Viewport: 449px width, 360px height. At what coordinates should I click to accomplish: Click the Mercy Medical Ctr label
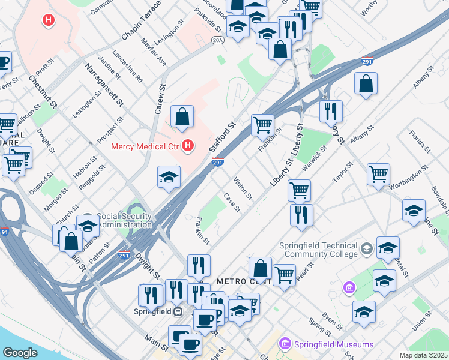pyautogui.click(x=146, y=146)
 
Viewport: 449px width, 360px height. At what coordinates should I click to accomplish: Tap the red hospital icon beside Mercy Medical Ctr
pyautogui.click(x=188, y=146)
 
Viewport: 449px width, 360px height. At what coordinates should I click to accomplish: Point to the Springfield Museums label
pyautogui.click(x=333, y=344)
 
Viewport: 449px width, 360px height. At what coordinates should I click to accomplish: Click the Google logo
pyautogui.click(x=20, y=353)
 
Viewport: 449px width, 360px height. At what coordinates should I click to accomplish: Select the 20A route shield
pyautogui.click(x=217, y=40)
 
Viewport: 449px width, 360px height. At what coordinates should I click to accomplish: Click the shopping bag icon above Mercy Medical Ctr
pyautogui.click(x=182, y=116)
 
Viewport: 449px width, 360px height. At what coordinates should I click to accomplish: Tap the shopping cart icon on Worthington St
pyautogui.click(x=378, y=175)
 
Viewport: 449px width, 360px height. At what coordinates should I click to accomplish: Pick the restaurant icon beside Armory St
pyautogui.click(x=330, y=111)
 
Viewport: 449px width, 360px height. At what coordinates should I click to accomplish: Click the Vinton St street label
pyautogui.click(x=243, y=188)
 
